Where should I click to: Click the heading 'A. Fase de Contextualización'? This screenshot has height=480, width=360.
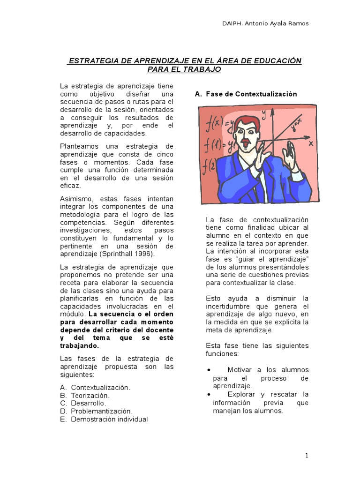(x=246, y=94)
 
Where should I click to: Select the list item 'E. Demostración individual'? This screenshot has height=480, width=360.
(x=104, y=419)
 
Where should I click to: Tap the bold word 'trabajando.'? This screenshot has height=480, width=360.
(x=80, y=345)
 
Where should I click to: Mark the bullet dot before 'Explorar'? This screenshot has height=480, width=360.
(x=209, y=394)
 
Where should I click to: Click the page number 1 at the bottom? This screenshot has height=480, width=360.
(x=307, y=455)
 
